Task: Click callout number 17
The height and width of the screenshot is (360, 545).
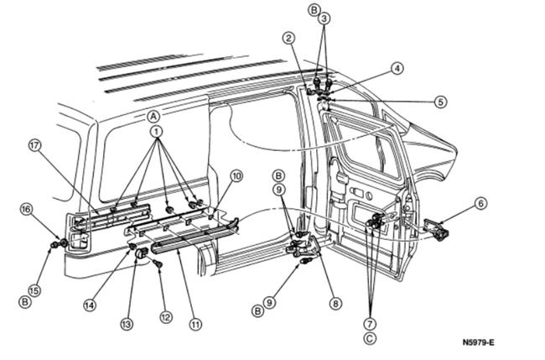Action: coord(34,145)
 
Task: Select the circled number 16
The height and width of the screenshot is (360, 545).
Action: coord(26,208)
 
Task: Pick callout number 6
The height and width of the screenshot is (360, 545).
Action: coord(480,202)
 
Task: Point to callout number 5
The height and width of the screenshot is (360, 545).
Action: coord(441,102)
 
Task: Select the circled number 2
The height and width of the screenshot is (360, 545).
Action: coord(288,38)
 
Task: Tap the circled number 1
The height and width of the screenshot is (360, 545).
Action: coord(155,133)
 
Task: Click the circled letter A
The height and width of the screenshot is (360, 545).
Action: coord(153,116)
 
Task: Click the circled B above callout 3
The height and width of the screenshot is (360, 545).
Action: coord(314,10)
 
